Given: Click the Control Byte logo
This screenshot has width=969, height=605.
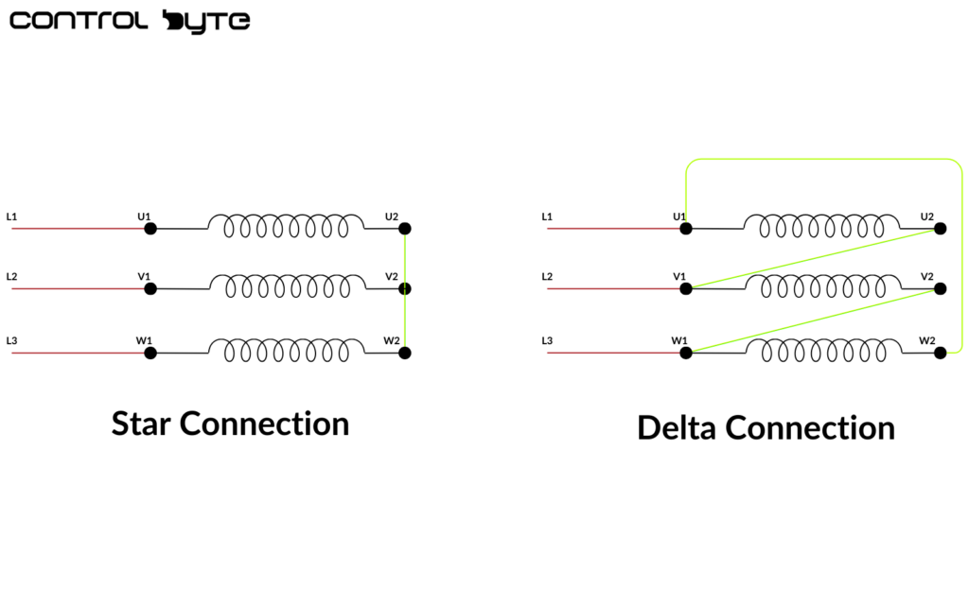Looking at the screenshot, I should (130, 21).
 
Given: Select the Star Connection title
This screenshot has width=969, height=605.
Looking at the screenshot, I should (230, 423).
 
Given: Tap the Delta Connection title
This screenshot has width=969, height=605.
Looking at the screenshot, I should (766, 427).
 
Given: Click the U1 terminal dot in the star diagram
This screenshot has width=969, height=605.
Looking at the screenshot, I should (150, 228).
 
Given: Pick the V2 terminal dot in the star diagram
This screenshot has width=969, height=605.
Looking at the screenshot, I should (405, 288).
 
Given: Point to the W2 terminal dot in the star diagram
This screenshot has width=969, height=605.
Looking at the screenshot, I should (405, 353).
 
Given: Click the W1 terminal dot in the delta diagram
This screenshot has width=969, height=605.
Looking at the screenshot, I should (685, 353).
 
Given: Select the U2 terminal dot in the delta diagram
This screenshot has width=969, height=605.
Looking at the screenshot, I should (940, 228).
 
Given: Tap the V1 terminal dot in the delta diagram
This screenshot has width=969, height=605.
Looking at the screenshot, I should (685, 288).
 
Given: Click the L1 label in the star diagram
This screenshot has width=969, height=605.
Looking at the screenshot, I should (11, 216).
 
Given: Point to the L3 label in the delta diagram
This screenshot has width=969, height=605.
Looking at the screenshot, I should (547, 340).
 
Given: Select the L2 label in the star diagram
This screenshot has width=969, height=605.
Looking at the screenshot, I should (11, 277).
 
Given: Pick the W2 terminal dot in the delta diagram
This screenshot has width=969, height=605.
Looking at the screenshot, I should (940, 353).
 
